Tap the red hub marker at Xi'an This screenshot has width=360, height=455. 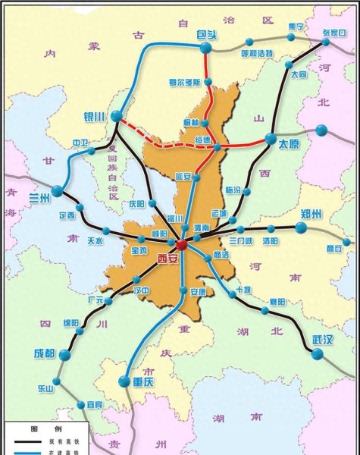point(182,243)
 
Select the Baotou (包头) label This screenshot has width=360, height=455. point(205,35)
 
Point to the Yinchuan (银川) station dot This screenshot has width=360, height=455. point(116,116)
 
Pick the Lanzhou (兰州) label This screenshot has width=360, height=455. point(37,199)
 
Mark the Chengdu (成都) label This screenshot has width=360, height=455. point(44,354)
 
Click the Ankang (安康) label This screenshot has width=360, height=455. point(198,291)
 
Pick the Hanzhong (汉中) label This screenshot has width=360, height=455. point(140,290)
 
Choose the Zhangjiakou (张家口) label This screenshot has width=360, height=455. point(333,33)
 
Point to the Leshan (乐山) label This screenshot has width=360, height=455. point(45,388)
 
